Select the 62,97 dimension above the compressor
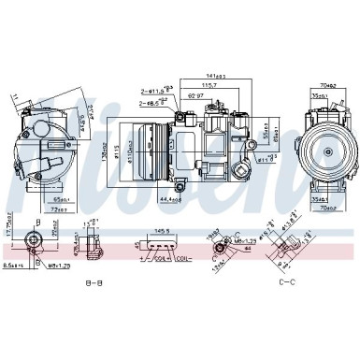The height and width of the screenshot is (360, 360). click(194, 95)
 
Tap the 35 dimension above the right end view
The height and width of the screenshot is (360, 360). click(319, 94)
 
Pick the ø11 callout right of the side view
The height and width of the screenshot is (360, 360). click(267, 159)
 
